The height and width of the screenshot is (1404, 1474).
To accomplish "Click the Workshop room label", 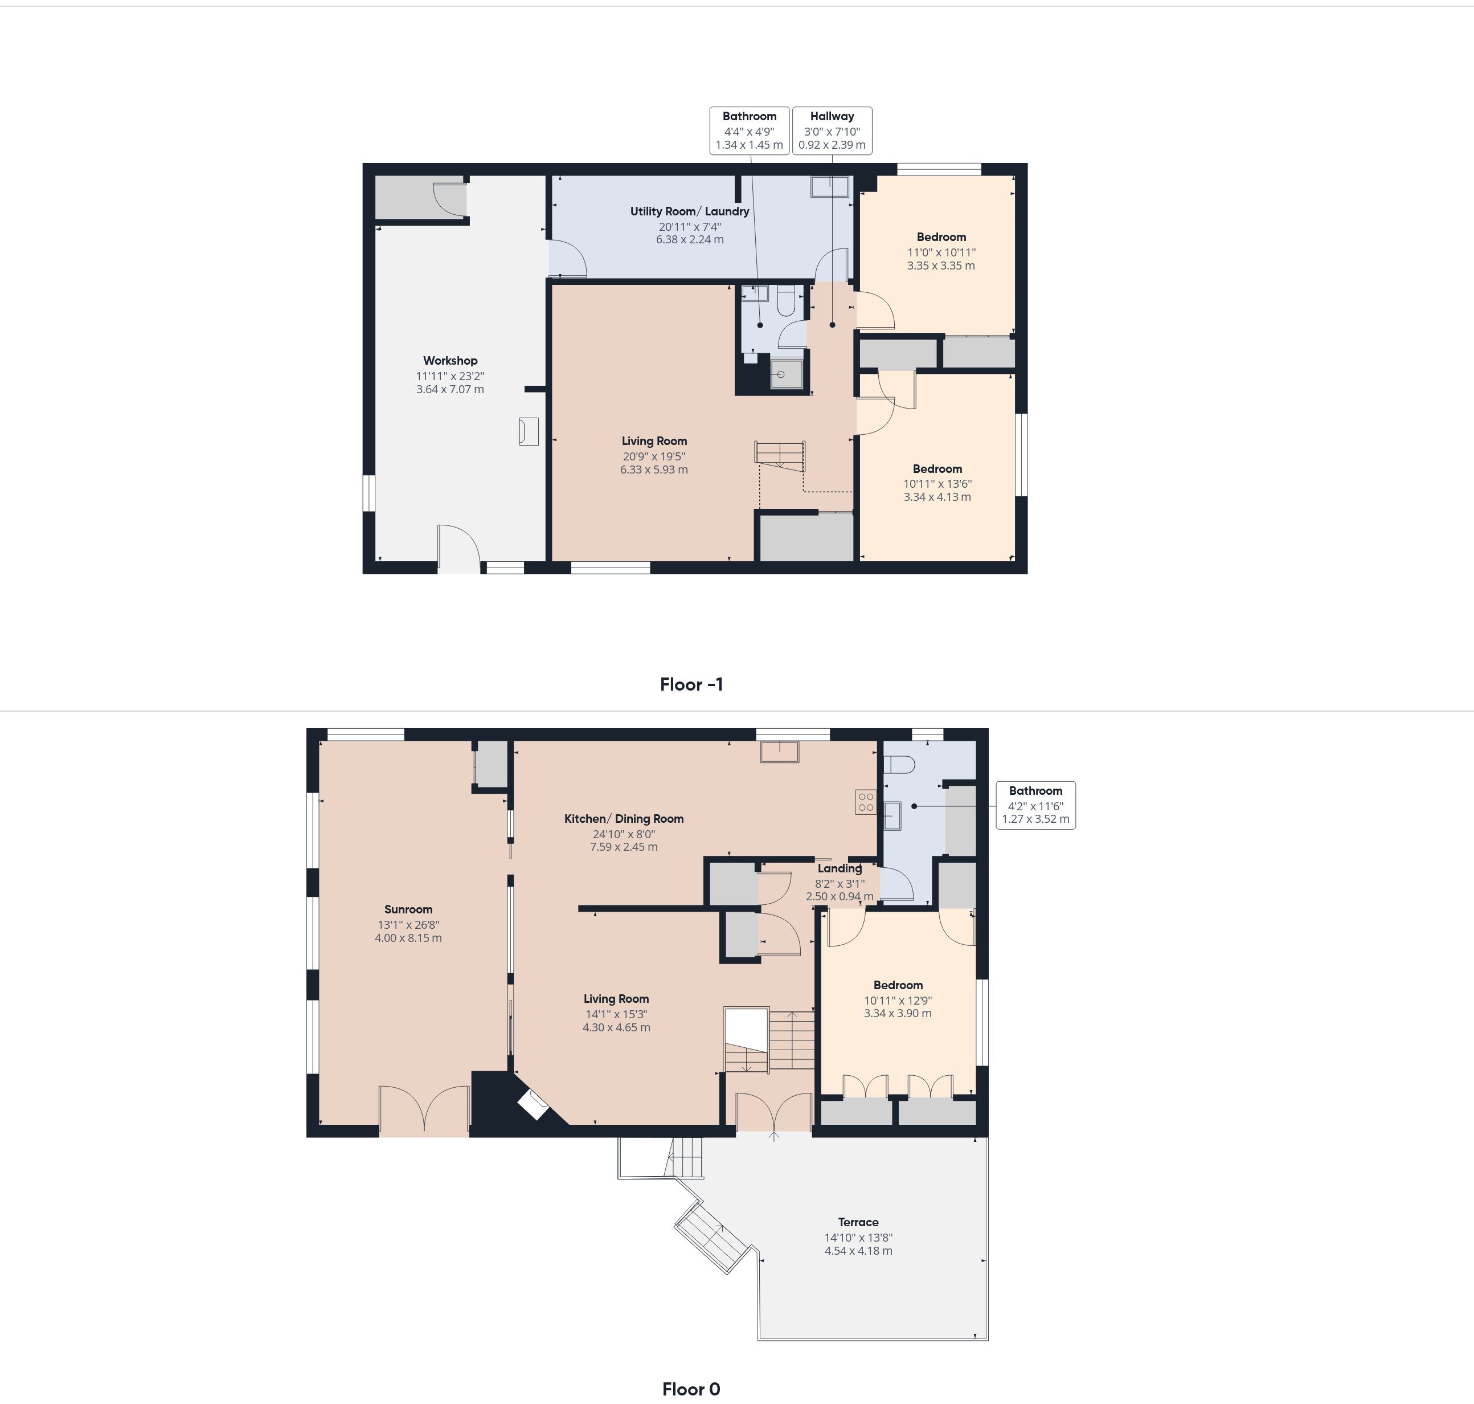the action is point(450,361).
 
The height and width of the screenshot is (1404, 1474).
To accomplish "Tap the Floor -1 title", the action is point(691,684).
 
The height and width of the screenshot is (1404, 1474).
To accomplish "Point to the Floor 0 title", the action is point(691,1389).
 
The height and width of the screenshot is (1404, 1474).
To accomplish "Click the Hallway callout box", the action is point(832,131).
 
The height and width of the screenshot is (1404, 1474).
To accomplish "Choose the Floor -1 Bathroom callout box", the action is point(749,131).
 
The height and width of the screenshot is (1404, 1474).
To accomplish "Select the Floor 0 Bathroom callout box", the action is point(1035,805).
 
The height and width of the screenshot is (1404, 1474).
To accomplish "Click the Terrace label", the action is point(858,1222).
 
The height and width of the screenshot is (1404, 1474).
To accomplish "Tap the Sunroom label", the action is point(408,909).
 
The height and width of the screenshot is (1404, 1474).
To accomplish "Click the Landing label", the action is point(839,869).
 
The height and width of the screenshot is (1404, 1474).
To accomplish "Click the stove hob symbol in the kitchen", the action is point(866,802).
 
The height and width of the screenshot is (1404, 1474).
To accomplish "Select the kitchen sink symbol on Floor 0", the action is point(780,752).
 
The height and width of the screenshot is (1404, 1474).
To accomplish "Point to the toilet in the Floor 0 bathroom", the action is point(899,765).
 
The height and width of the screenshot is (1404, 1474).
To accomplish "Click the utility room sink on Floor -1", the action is point(830,186).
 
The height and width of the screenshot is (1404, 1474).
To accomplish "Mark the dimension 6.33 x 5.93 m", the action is point(654,470).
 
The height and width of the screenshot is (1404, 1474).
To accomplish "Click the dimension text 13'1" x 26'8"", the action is point(408,925).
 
